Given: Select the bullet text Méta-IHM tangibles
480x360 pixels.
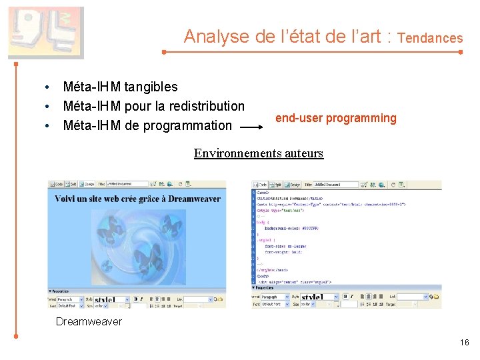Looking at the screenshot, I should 120,87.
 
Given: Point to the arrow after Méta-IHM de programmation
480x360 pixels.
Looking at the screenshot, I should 253,126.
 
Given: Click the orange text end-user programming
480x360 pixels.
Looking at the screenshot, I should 335,118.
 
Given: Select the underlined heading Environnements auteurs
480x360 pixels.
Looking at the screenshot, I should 258,153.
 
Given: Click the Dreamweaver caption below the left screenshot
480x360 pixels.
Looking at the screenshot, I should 89,322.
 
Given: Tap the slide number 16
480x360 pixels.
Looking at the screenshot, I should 464,343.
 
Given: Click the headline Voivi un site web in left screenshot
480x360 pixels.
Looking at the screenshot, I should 137,199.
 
